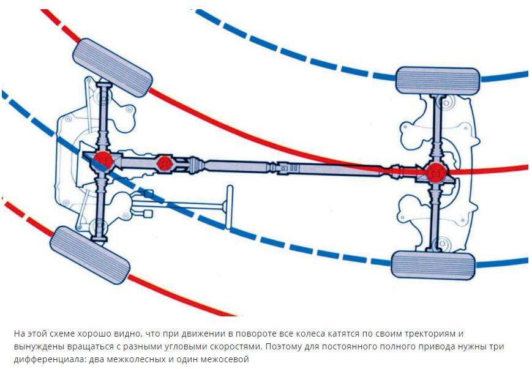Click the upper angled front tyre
[113, 67]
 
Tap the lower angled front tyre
[89, 255]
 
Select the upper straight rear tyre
[438, 81]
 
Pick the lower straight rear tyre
[433, 266]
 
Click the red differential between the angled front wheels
[102, 160]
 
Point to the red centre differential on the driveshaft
[165, 163]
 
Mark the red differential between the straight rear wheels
[436, 173]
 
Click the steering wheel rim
[229, 207]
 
